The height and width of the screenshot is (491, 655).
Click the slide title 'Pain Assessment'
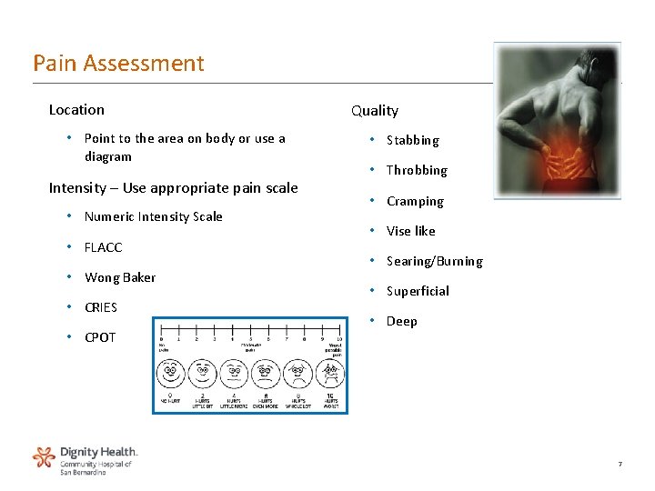click(x=118, y=64)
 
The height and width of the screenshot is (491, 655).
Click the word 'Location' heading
click(x=76, y=110)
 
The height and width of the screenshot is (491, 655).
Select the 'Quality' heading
click(x=375, y=111)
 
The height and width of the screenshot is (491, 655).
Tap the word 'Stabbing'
click(x=412, y=140)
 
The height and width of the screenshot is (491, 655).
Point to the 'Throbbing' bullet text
click(x=417, y=170)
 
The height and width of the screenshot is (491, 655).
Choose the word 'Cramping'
click(x=415, y=201)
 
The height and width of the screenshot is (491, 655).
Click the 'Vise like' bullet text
click(x=411, y=231)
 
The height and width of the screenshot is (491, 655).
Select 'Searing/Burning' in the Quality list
click(x=434, y=261)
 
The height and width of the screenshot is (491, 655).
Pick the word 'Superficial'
click(x=418, y=291)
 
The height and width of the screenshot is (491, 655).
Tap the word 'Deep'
click(x=401, y=321)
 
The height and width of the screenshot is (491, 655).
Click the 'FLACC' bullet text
click(x=103, y=247)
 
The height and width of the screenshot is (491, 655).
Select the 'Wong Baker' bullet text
click(x=120, y=277)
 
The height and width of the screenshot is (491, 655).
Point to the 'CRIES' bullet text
click(x=101, y=307)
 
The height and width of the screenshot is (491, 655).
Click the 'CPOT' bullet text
click(x=100, y=337)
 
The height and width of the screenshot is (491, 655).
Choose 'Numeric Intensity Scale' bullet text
click(x=153, y=216)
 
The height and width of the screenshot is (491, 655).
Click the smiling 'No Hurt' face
click(x=170, y=374)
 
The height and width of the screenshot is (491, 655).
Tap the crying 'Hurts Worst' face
click(x=331, y=374)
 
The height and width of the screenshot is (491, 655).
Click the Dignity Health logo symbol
click(x=44, y=456)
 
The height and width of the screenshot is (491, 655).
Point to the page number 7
click(x=620, y=465)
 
